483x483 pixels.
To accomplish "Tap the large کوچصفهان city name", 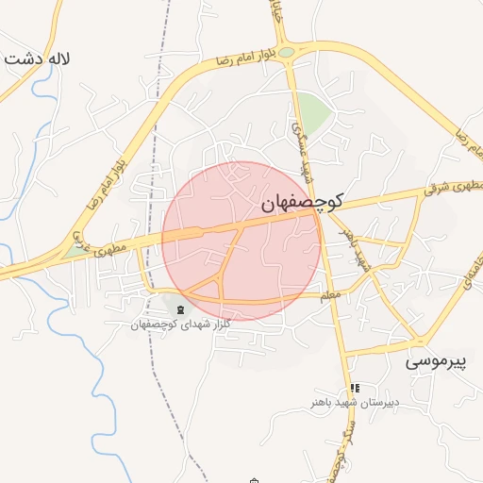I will coord(303,201).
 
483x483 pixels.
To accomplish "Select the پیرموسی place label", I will coord(437,360).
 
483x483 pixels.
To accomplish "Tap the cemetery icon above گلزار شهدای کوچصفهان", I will coord(179,308).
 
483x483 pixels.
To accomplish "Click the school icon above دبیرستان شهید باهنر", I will coord(355,388).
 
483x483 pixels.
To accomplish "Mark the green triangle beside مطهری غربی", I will coord(74,252).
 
